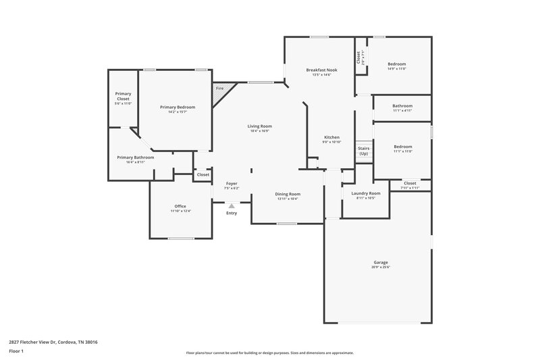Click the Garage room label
pos(381,262)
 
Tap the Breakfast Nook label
pos(321,70)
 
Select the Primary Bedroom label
pos(178,107)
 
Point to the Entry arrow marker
pos(232,206)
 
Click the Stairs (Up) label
pos(363,151)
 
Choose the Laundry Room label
pos(366,193)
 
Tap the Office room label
pos(180,206)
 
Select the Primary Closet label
pos(123,96)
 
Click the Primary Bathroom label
pos(135,157)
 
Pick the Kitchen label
pos(331,137)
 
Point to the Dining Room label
pos(287,194)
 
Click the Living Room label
pos(259,126)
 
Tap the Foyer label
pos(232,184)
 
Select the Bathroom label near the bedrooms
pos(402,106)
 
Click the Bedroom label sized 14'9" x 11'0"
pos(396,64)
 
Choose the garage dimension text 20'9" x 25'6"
pos(381,267)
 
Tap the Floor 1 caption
pos(16,352)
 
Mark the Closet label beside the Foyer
pos(202,175)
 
